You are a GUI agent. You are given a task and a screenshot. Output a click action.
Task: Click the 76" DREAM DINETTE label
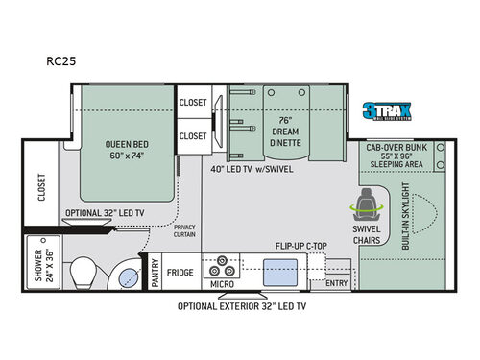[x=285, y=131]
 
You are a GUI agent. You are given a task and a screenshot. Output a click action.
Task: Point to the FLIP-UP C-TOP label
[x=300, y=247]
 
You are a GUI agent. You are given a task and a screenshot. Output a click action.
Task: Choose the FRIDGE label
[x=181, y=273]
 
